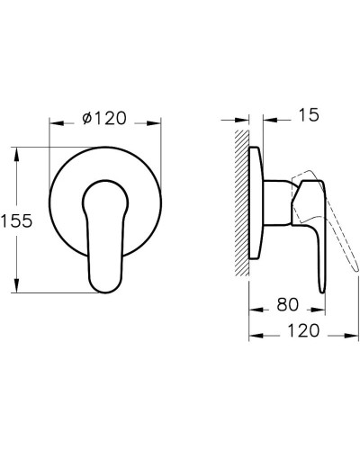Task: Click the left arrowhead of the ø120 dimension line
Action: click(52, 121)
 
